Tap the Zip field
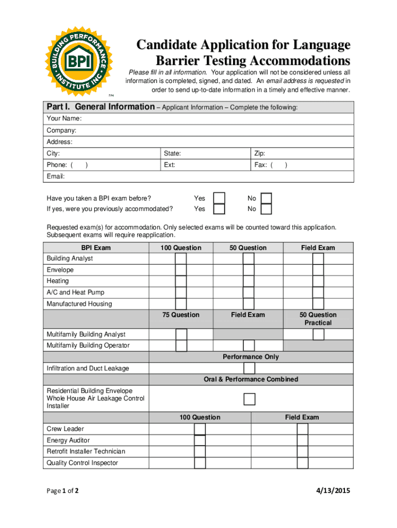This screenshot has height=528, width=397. [302, 154]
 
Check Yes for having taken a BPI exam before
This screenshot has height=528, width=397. [219, 199]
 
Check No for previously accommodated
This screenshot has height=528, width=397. [266, 209]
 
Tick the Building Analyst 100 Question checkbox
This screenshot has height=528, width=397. [181, 259]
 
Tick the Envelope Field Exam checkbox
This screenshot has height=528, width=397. [318, 270]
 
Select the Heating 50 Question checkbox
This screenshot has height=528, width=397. [249, 282]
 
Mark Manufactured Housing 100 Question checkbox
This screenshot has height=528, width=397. [181, 304]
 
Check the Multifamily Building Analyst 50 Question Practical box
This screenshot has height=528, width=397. [318, 335]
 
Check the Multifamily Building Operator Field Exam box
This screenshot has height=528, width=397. [249, 345]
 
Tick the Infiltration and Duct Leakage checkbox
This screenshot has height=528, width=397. [249, 368]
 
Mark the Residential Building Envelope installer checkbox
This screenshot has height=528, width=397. [249, 399]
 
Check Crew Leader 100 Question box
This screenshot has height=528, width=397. [200, 429]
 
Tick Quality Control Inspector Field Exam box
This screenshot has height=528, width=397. [303, 463]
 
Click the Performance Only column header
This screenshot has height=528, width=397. [251, 357]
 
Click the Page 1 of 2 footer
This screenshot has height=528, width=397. [62, 491]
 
